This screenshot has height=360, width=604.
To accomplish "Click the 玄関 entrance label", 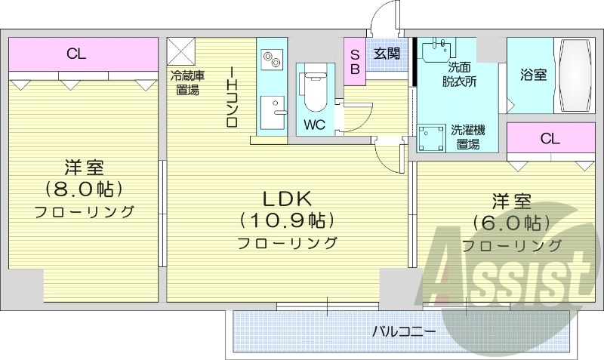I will [387, 54].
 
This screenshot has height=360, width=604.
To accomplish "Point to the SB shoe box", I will [354, 57].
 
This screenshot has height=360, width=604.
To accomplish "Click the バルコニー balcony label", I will [404, 331].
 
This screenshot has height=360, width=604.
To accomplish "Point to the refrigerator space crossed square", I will [182, 51].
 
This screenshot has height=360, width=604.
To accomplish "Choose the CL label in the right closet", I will [550, 138].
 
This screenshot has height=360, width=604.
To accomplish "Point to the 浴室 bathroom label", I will [533, 75].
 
